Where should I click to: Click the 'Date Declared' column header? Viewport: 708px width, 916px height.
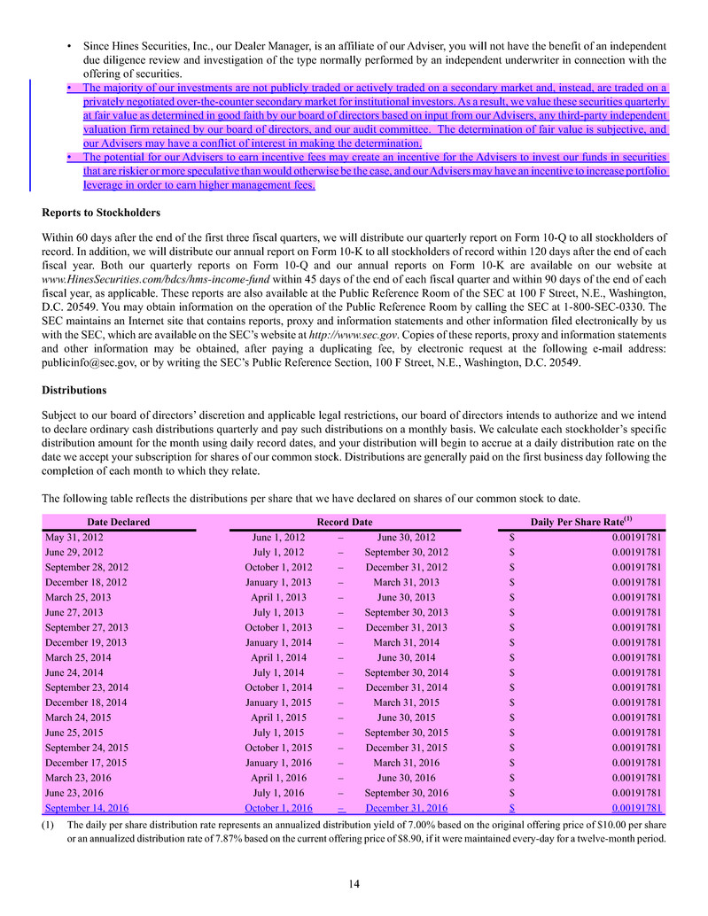click(119, 523)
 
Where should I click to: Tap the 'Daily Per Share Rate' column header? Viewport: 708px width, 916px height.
click(580, 523)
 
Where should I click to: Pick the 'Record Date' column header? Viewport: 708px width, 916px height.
click(345, 523)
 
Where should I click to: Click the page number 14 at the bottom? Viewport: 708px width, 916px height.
click(354, 882)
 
